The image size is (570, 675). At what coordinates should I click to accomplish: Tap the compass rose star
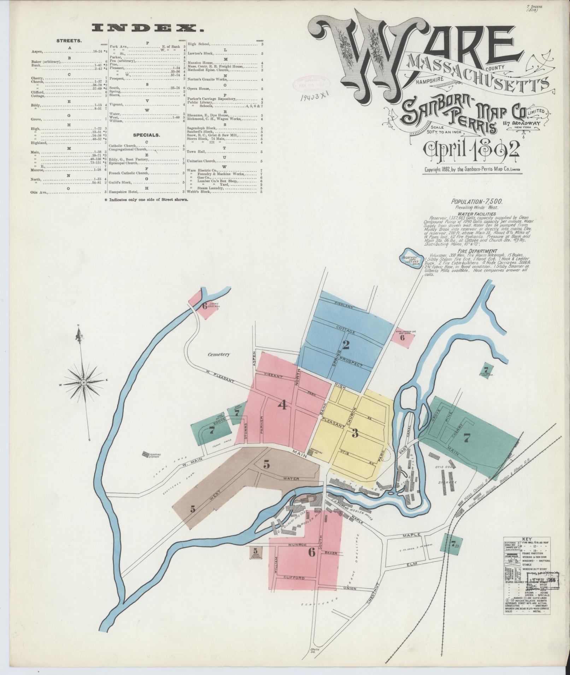[84, 382]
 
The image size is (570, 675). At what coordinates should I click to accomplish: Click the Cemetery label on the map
[219, 354]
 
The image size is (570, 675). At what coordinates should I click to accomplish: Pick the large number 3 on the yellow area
[355, 433]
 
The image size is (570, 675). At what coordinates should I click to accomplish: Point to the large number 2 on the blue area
[346, 345]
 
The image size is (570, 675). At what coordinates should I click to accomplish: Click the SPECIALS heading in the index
[146, 135]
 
